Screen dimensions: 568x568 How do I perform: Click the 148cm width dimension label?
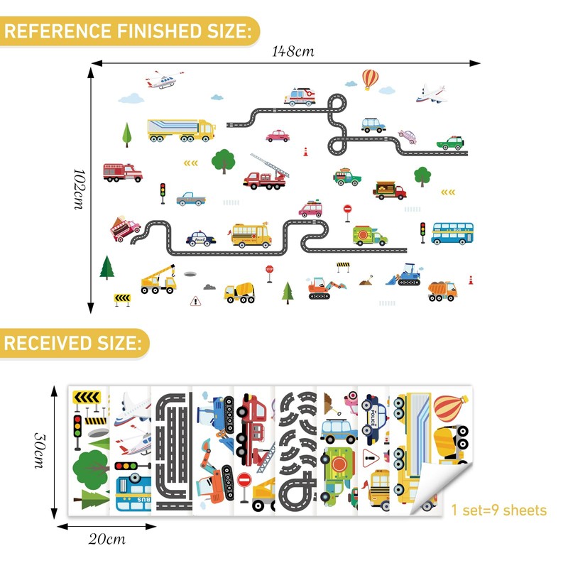point(293,51)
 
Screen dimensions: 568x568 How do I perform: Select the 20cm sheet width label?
point(106,539)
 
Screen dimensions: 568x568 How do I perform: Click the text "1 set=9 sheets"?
point(499,510)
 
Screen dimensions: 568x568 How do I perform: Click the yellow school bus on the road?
point(251,235)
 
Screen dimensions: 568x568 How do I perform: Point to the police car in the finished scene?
point(201,238)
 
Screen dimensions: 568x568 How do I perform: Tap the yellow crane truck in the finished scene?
point(158,279)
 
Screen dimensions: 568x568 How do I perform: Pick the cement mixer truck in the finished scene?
point(239,292)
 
